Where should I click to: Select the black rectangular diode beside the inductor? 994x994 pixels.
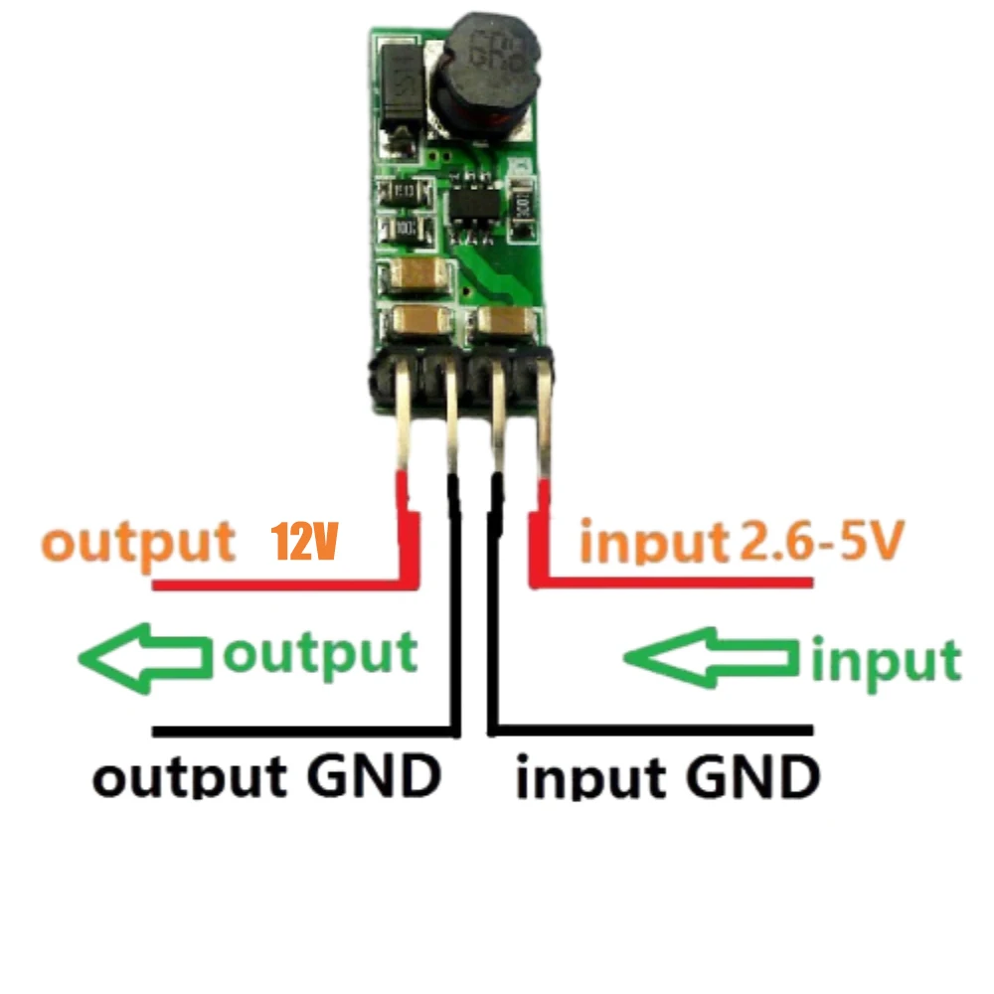coord(397,104)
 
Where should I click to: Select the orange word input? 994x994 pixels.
coord(654,542)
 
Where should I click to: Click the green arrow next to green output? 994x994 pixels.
coord(145,657)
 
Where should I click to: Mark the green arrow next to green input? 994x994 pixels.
coord(711,656)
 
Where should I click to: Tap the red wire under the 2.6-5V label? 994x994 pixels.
coord(676,581)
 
